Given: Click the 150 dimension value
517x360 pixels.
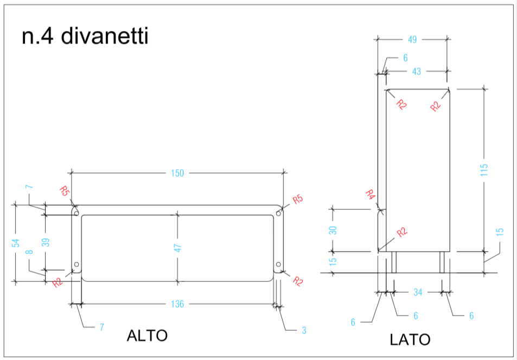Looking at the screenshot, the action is pyautogui.click(x=177, y=173).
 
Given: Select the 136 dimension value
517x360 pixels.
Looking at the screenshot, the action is pyautogui.click(x=177, y=304).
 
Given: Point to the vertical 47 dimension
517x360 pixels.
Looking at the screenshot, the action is pyautogui.click(x=178, y=248).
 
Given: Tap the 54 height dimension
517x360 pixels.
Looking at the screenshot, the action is pyautogui.click(x=16, y=243).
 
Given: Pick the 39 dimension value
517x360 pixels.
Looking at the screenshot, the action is pyautogui.click(x=46, y=242).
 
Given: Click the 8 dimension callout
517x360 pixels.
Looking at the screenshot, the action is pyautogui.click(x=29, y=252).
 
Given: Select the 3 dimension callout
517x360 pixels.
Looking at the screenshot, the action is pyautogui.click(x=304, y=330).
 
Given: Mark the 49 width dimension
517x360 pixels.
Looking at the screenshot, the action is pyautogui.click(x=412, y=40).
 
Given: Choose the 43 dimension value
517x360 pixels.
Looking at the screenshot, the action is pyautogui.click(x=417, y=72).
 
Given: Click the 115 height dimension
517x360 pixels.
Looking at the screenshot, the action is pyautogui.click(x=484, y=170).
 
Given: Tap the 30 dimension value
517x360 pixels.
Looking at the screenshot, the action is pyautogui.click(x=333, y=230).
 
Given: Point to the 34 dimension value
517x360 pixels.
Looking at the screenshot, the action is pyautogui.click(x=418, y=292).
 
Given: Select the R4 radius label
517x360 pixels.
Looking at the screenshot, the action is pyautogui.click(x=371, y=195).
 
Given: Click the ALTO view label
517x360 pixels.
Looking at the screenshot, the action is pyautogui.click(x=147, y=336).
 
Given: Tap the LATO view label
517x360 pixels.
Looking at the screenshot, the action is pyautogui.click(x=410, y=339).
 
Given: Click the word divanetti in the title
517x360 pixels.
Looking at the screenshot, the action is pyautogui.click(x=105, y=36).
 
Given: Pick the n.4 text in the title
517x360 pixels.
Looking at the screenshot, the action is pyautogui.click(x=37, y=37).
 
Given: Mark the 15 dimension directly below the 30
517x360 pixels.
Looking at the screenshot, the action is pyautogui.click(x=333, y=261).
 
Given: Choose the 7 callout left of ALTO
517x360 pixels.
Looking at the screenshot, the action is pyautogui.click(x=102, y=327).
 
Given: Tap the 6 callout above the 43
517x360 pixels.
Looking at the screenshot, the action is pyautogui.click(x=405, y=58).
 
